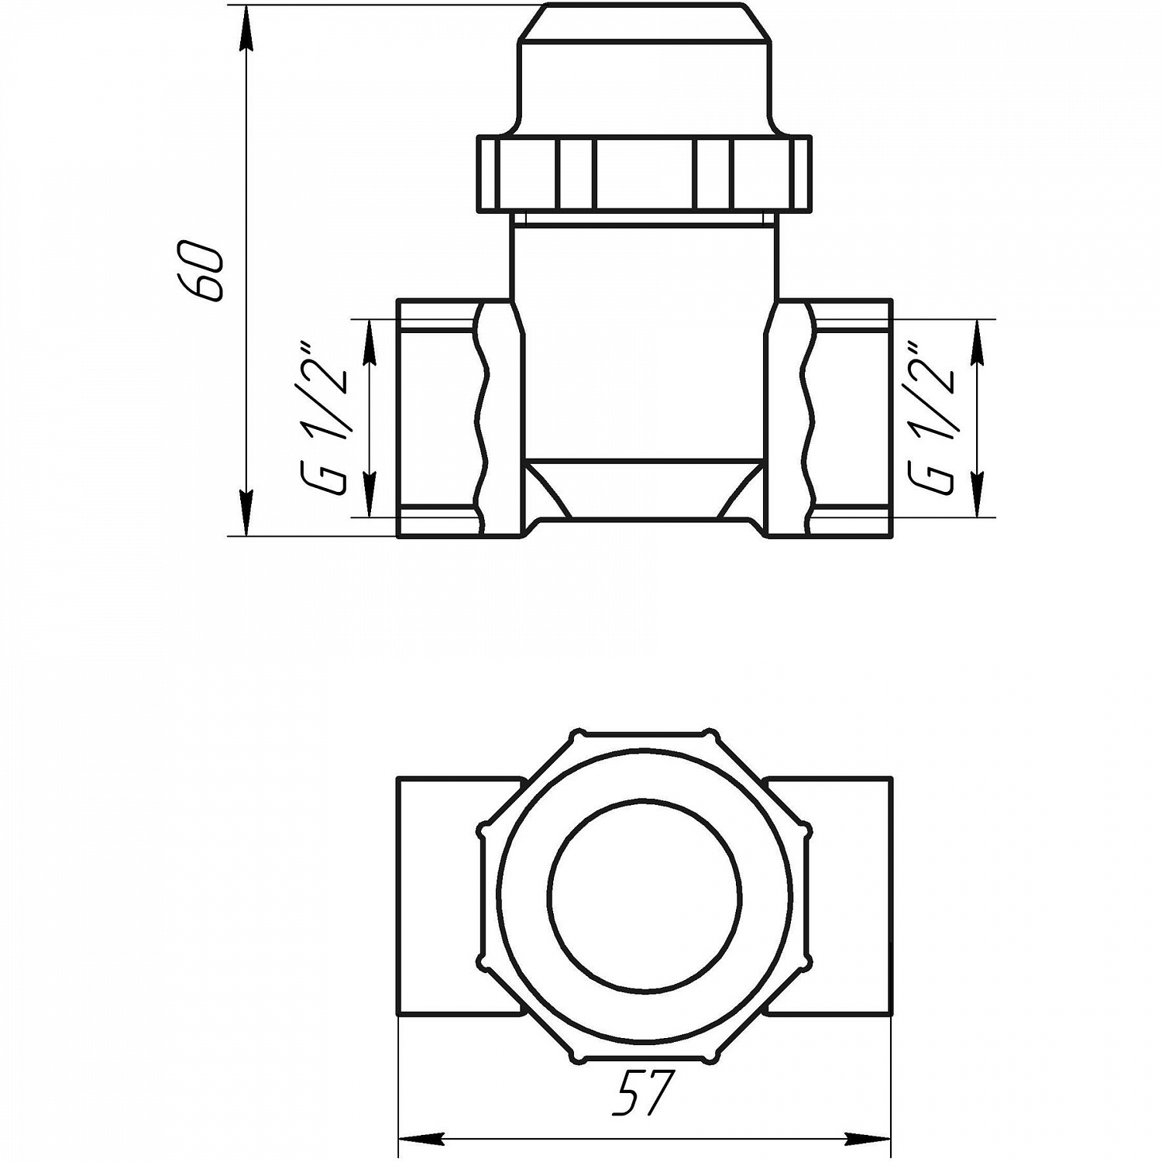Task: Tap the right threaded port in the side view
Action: pyautogui.click(x=852, y=418)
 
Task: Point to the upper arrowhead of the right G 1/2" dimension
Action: pyautogui.click(x=977, y=341)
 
